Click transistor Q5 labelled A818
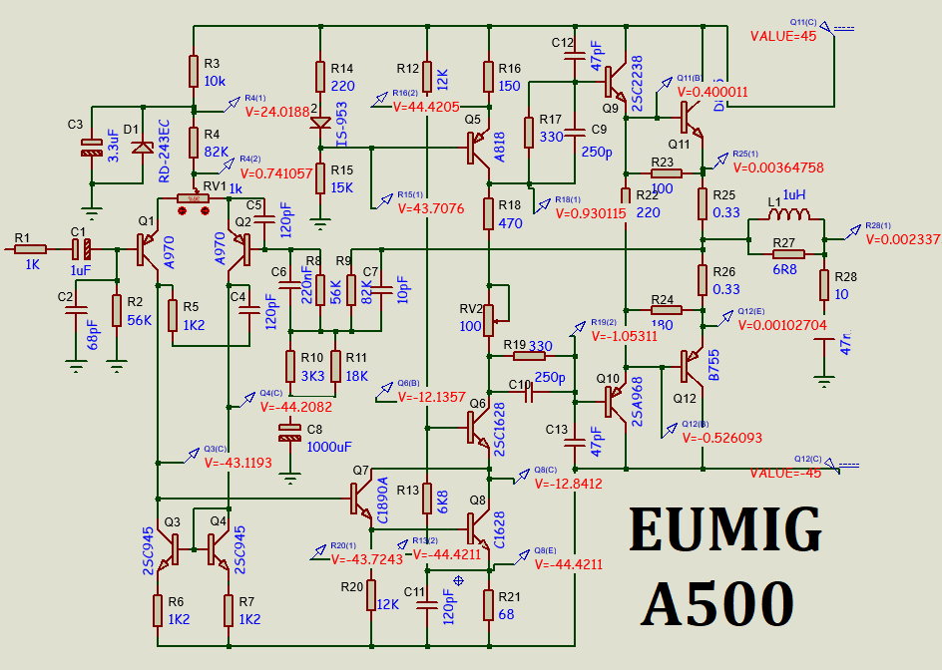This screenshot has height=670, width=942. pos(478,148)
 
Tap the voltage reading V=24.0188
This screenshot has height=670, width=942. pos(276,112)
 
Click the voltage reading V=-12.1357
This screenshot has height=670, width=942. pos(431,397)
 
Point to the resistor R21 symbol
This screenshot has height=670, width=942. pos(489,605)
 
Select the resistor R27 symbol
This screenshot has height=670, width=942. pos(783,241)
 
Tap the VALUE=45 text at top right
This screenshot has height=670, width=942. pos(783,36)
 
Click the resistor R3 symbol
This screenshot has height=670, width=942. pos(194,72)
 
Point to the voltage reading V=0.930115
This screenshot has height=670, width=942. pos(591,213)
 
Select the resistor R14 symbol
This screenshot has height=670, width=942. pos(320,77)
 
